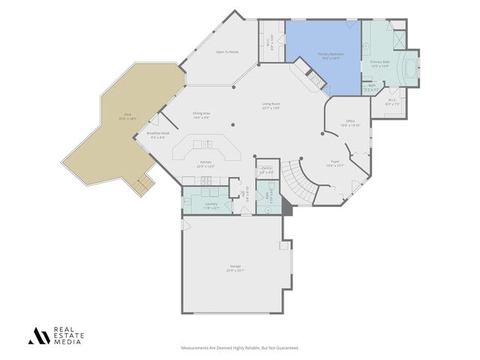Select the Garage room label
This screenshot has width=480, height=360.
click(235, 267)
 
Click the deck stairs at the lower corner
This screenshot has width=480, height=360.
click(139, 184)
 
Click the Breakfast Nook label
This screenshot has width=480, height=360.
click(159, 133)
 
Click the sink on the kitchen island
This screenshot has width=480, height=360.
click(208, 144)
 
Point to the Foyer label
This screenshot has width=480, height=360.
click(335, 162)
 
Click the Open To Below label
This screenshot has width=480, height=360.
click(227, 52)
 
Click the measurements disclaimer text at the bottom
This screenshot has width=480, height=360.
click(240, 348)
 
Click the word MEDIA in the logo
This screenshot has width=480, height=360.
click(65, 341)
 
